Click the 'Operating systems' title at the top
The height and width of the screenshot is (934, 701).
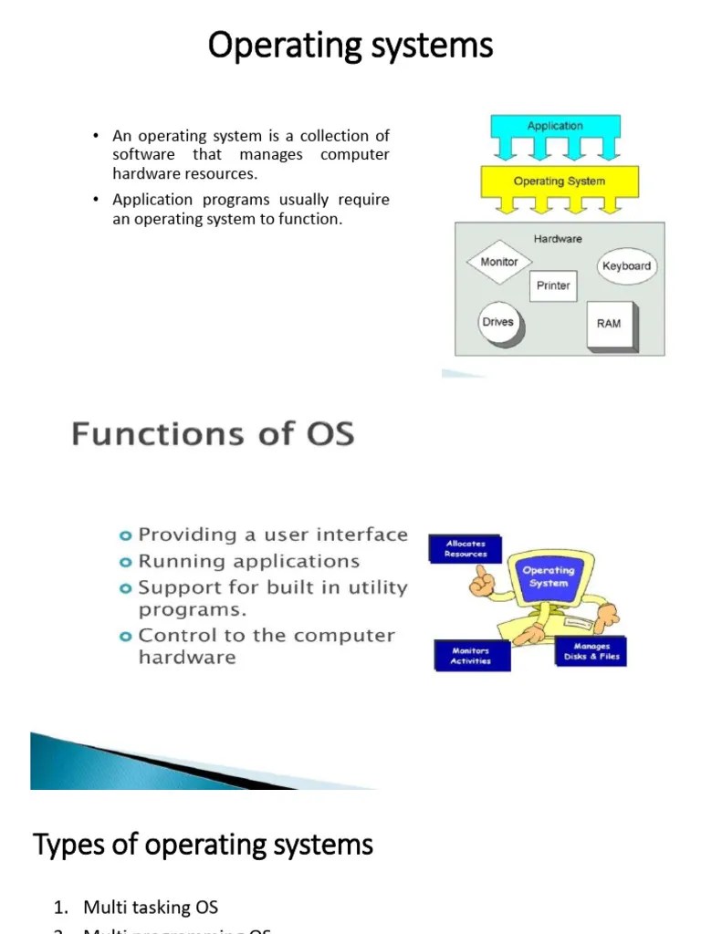[x=350, y=45]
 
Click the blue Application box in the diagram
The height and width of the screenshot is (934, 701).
[x=554, y=127]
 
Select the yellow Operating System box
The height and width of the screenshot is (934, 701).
[x=559, y=182]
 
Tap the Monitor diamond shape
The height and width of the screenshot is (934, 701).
[x=498, y=263]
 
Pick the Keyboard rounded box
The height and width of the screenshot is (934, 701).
[x=626, y=266]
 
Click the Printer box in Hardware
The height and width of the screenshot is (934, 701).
[x=553, y=285]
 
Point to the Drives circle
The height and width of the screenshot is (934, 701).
[x=497, y=323]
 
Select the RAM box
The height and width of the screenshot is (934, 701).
[x=608, y=324]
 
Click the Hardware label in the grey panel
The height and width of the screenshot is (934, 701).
[x=557, y=239]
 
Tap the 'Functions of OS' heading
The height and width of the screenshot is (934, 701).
[x=213, y=433]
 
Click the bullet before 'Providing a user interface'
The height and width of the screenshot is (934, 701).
[x=126, y=535]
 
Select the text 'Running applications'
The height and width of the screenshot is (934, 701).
[x=248, y=562]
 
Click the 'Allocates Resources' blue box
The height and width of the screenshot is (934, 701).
[x=466, y=549]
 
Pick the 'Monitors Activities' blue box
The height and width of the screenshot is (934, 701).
[x=470, y=656]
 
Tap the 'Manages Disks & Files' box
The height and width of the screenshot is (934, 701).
[x=591, y=651]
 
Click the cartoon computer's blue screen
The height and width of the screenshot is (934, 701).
[x=548, y=578]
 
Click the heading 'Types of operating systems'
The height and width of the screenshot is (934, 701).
[x=204, y=845]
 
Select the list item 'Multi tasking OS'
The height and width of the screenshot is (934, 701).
[x=151, y=907]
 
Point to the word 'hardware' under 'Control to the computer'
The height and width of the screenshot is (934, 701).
[x=187, y=658]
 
